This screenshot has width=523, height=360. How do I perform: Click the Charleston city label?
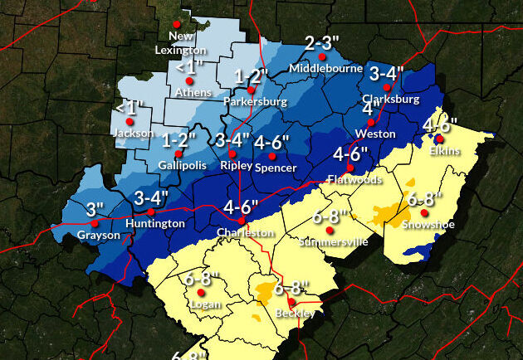pyautogui.click(x=245, y=233)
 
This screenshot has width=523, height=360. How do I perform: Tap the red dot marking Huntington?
pyautogui.click(x=151, y=212)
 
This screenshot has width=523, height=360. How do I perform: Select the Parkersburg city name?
pyautogui.click(x=255, y=101)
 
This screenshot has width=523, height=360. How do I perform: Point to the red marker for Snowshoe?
pyautogui.click(x=424, y=212)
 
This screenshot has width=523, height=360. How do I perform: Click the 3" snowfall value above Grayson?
pyautogui.click(x=95, y=207)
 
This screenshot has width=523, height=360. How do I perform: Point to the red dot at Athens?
pyautogui.click(x=189, y=81)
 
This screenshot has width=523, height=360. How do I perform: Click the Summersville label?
pyautogui.click(x=328, y=241)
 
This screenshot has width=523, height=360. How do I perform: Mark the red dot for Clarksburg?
pyautogui.click(x=386, y=87)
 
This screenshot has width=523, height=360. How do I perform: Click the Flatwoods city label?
pyautogui.click(x=354, y=178)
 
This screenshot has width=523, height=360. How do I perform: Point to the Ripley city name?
pyautogui.click(x=236, y=166)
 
